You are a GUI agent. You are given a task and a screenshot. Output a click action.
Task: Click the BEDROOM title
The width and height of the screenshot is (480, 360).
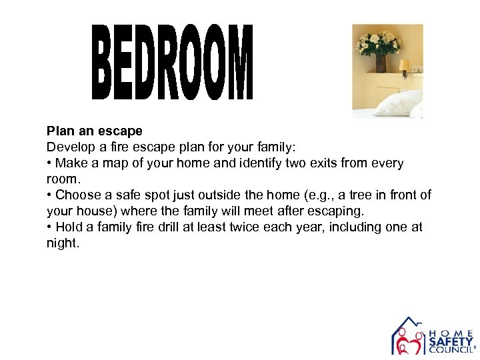[x=172, y=62]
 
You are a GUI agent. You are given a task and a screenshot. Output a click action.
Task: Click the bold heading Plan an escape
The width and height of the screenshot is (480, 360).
[x=95, y=131]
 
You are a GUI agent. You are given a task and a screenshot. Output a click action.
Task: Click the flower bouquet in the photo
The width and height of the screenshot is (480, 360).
[x=378, y=42]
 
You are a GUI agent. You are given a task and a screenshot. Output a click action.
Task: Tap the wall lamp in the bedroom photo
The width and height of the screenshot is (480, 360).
[x=404, y=67]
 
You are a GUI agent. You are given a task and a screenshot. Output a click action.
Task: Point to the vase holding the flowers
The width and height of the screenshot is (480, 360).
[x=381, y=63]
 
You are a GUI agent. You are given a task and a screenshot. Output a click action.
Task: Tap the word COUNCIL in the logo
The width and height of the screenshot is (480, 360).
[x=451, y=349]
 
